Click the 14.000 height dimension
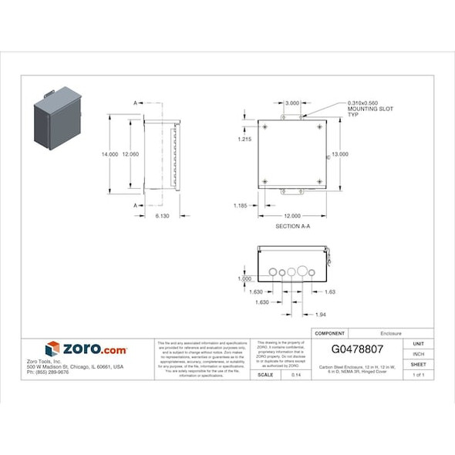tap(109, 154)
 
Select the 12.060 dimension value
tap(131, 154)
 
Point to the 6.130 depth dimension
tap(162, 216)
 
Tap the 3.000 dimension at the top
tap(292, 103)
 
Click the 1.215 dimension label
tap(244, 139)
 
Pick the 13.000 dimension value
tap(340, 154)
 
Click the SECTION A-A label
tap(292, 227)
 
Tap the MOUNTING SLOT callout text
tap(370, 109)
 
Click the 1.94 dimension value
tap(321, 315)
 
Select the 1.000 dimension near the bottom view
tap(245, 278)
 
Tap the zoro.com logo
tap(86, 349)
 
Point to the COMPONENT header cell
tap(330, 333)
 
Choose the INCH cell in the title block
tap(419, 354)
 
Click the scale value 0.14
tap(295, 375)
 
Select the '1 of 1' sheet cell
tap(419, 375)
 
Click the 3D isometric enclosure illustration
tap(58, 120)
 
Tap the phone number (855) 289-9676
tap(48, 372)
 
